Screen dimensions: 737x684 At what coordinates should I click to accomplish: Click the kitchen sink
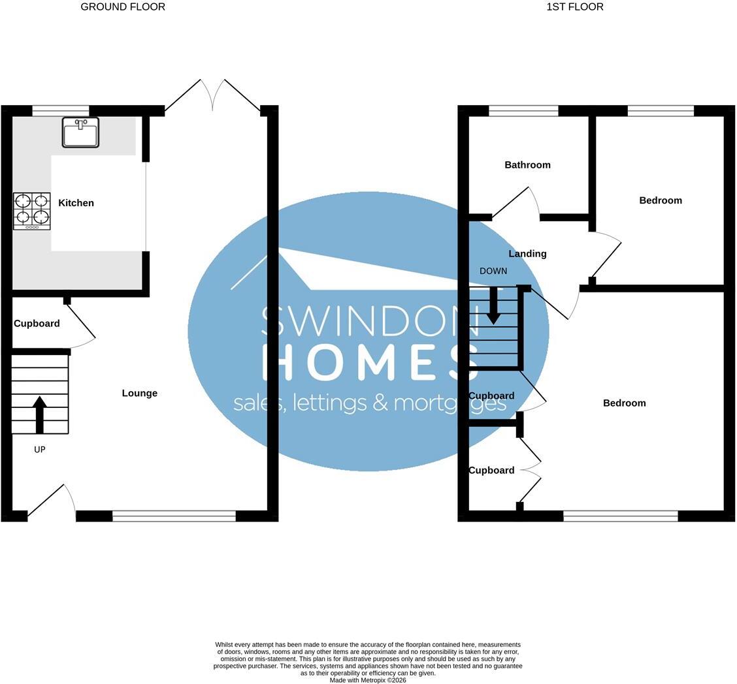tap(80, 132)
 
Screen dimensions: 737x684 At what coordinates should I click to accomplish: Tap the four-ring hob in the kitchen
tap(32, 211)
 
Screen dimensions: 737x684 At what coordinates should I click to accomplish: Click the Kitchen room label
tap(76, 203)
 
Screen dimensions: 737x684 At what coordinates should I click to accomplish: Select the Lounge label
tap(140, 393)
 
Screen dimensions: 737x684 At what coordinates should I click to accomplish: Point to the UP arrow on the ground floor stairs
tap(39, 414)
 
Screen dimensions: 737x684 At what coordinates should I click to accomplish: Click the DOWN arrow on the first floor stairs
tap(493, 305)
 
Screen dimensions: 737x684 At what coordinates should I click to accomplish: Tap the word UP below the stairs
tap(39, 450)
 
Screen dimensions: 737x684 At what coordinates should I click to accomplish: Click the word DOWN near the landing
tap(493, 271)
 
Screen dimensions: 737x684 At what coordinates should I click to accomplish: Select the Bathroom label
tap(527, 164)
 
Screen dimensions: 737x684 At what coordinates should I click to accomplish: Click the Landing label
tap(527, 253)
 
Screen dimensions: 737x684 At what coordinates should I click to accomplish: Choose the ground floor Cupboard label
tap(37, 324)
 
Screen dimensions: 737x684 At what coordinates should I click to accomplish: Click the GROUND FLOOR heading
tap(123, 7)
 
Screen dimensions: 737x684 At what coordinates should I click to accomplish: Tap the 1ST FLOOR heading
tap(575, 7)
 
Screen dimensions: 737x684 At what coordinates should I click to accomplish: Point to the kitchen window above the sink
tap(61, 111)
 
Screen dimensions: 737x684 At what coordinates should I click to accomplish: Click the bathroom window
tap(523, 111)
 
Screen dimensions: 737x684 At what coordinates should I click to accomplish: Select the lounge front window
tap(174, 516)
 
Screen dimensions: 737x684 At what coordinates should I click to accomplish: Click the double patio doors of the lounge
tap(212, 95)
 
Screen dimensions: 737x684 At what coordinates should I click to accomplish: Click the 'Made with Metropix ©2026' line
tap(368, 680)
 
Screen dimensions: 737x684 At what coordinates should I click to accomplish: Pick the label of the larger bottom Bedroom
tap(624, 403)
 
